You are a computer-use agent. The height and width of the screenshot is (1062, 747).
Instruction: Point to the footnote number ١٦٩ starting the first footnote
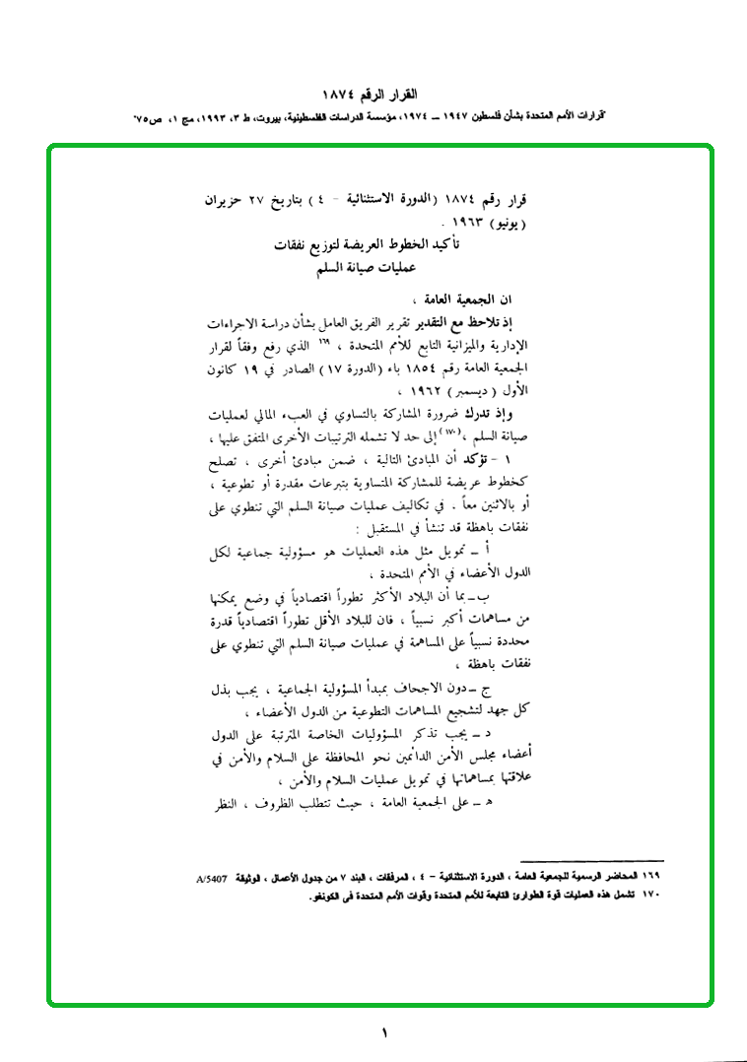click(x=652, y=875)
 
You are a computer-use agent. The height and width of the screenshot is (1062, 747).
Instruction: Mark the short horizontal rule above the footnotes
click(x=591, y=861)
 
